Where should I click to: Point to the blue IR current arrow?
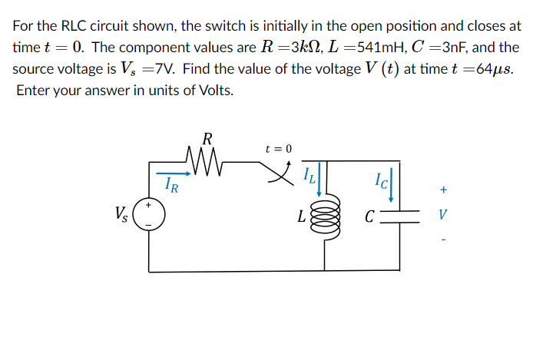tap(173, 173)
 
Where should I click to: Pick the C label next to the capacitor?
tap(371, 216)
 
